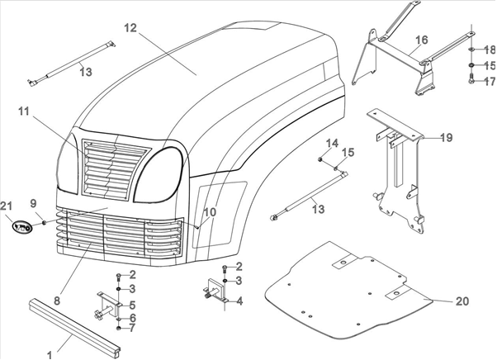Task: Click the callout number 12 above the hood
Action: pyautogui.click(x=130, y=28)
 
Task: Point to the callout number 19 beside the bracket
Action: pyautogui.click(x=447, y=137)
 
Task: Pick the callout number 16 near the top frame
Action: pyautogui.click(x=422, y=40)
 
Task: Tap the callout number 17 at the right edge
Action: pyautogui.click(x=489, y=82)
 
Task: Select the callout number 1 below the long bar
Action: pyautogui.click(x=49, y=354)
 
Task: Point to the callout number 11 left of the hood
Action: pyautogui.click(x=22, y=111)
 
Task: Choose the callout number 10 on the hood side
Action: pyautogui.click(x=210, y=212)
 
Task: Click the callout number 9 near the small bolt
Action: pyautogui.click(x=33, y=203)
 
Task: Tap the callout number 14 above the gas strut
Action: pyautogui.click(x=332, y=144)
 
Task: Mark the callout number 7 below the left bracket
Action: pyautogui.click(x=131, y=329)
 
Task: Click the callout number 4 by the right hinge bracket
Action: pyautogui.click(x=239, y=301)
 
